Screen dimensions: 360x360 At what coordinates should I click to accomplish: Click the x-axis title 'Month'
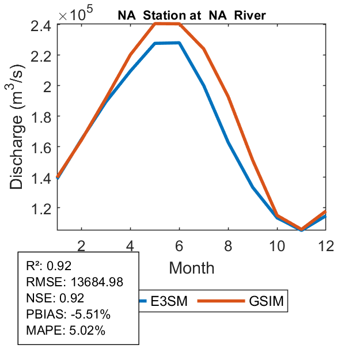[x=192, y=267]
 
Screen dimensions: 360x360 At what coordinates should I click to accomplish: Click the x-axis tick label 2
[x=82, y=246]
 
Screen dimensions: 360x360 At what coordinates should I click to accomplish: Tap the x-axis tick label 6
[x=180, y=246]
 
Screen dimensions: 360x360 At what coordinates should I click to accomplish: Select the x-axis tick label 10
[x=277, y=246]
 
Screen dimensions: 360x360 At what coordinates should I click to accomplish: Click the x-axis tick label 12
[x=326, y=246]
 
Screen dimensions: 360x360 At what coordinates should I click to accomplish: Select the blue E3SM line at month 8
[x=229, y=142]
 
